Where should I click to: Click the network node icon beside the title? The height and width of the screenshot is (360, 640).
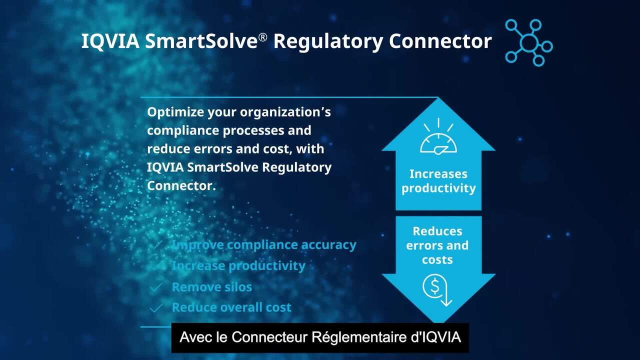pos(528,42)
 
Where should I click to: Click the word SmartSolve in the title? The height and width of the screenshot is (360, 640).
pos(201,41)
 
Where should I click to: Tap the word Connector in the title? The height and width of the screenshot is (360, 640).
pos(440,41)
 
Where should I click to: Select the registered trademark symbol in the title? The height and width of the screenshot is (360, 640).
pos(263,37)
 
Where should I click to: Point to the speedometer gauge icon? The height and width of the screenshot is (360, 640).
pos(438,136)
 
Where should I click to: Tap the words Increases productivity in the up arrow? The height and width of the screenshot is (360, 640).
pos(438,181)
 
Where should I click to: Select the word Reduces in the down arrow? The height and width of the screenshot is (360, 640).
pos(437,231)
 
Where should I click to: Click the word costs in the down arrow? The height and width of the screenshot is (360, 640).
pos(437,260)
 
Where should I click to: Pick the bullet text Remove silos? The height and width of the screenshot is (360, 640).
pos(212,287)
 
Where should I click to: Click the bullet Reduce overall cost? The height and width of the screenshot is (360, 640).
pos(231,307)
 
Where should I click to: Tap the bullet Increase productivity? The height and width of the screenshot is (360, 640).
pos(239,266)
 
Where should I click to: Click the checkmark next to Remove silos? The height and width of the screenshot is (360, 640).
pos(156,287)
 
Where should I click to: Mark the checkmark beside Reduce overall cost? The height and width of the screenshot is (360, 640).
pos(156,308)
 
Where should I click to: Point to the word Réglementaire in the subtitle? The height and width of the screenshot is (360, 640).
pos(359,337)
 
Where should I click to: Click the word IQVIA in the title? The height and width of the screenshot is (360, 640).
pos(110,41)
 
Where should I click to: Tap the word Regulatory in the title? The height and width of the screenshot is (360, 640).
pos(328,41)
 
